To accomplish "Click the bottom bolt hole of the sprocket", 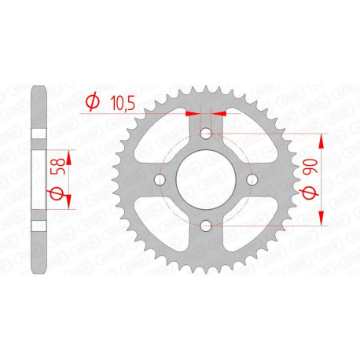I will [206, 226].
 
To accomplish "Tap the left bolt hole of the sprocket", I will [160, 181].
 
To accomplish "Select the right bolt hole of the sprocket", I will [252, 181].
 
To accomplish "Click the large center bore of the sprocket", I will [206, 181].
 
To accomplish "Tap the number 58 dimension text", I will [53, 167].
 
